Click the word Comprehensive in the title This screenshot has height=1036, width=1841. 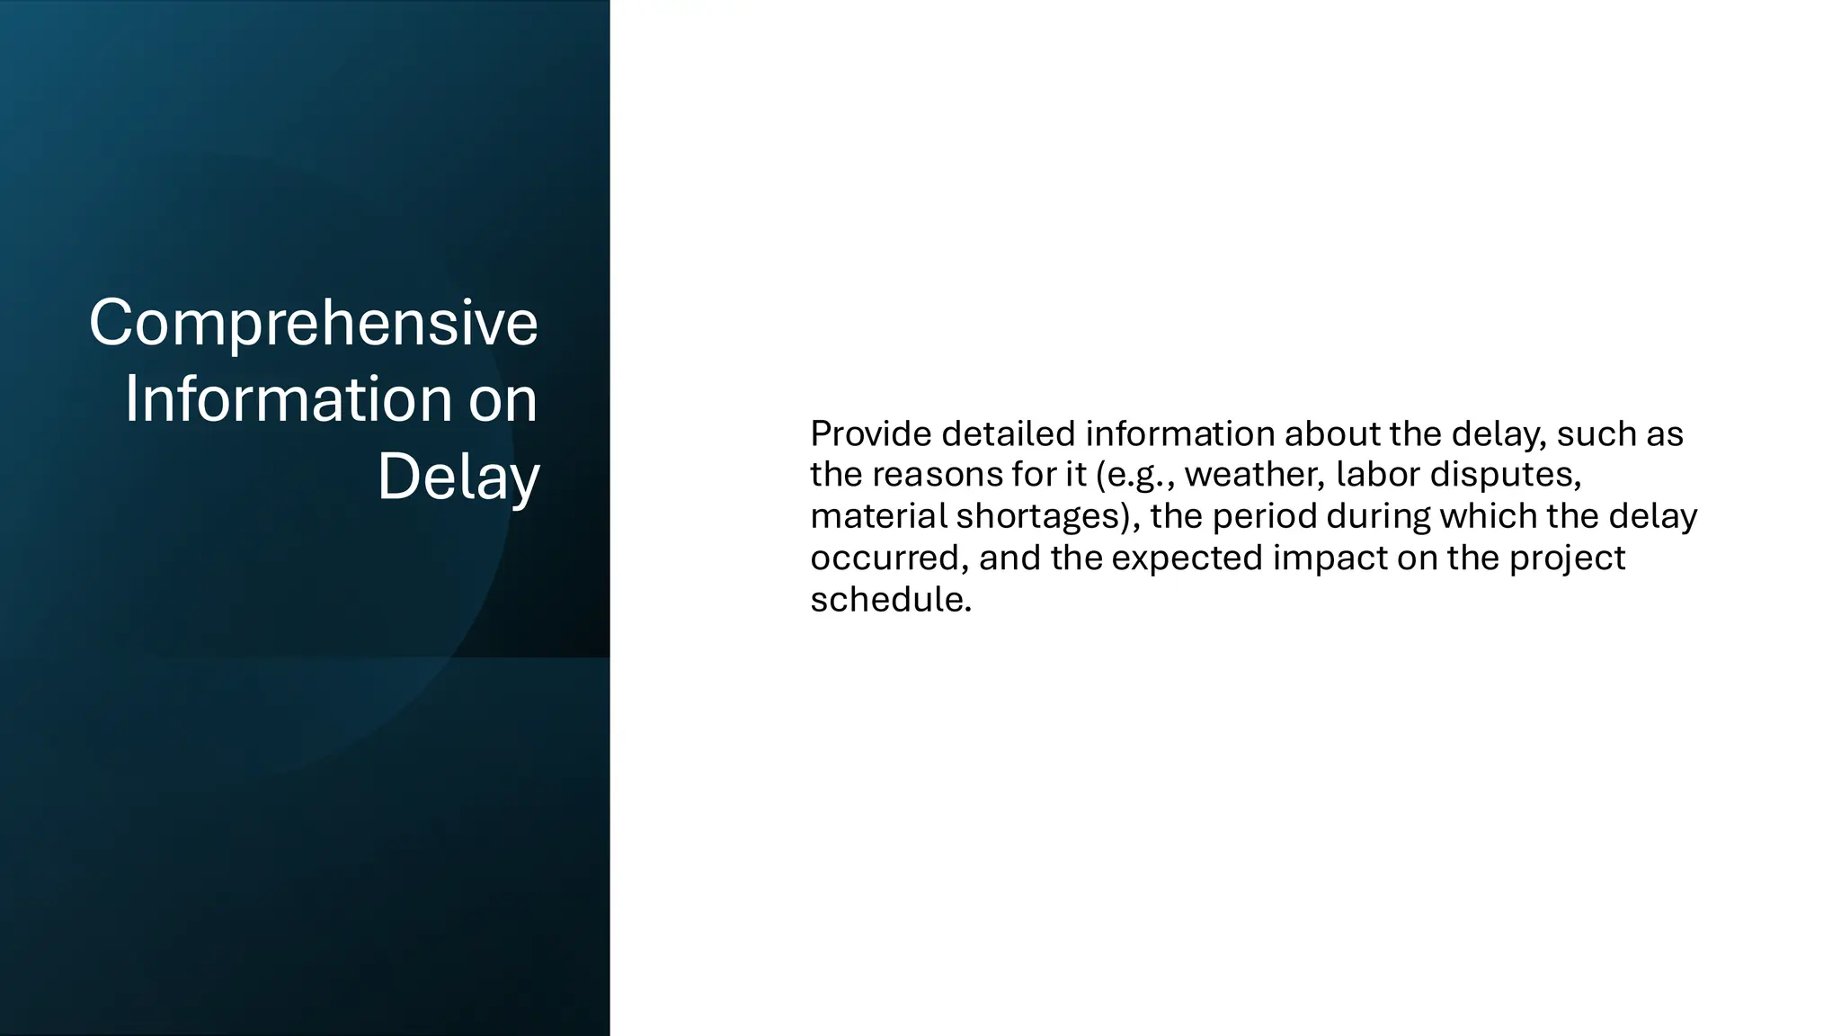click(x=313, y=323)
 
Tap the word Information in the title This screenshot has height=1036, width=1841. click(x=288, y=399)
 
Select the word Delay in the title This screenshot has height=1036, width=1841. click(x=458, y=477)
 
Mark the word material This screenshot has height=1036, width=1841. click(x=878, y=517)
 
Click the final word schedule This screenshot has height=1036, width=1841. click(x=889, y=600)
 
